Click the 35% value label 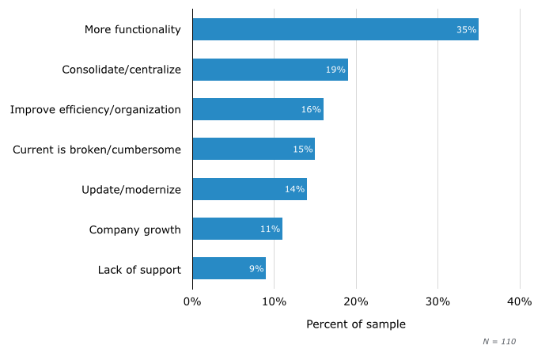pyautogui.click(x=466, y=30)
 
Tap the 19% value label pyautogui.click(x=335, y=70)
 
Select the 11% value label pyautogui.click(x=270, y=229)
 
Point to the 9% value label pyautogui.click(x=256, y=269)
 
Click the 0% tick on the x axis pyautogui.click(x=192, y=301)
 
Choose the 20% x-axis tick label pyautogui.click(x=356, y=301)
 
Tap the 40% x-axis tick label pyautogui.click(x=520, y=301)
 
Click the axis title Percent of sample pyautogui.click(x=356, y=324)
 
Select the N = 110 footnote pyautogui.click(x=499, y=342)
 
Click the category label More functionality pyautogui.click(x=133, y=30)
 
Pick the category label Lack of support pyautogui.click(x=139, y=269)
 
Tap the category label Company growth pyautogui.click(x=134, y=229)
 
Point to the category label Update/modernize pyautogui.click(x=131, y=190)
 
